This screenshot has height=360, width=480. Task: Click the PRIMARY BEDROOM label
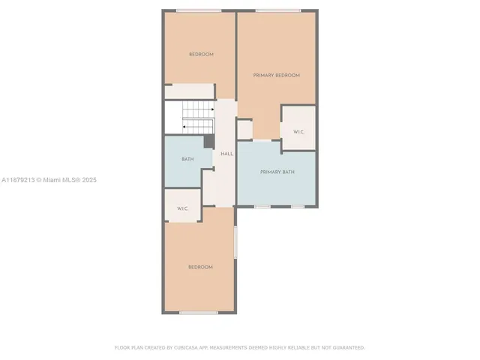tap(276, 75)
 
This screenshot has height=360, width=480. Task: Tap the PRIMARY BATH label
tap(277, 172)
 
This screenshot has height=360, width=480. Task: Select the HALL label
tap(226, 154)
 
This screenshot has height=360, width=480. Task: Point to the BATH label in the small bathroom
tap(187, 159)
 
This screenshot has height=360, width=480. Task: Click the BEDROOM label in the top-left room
tap(200, 54)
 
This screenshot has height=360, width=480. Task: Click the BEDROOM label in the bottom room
tap(200, 267)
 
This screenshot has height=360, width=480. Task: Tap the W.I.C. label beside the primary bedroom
tap(298, 132)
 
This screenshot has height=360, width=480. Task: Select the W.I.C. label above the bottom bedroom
tap(182, 208)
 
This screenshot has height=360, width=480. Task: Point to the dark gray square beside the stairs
tap(209, 142)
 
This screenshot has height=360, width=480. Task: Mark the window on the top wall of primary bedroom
tap(277, 10)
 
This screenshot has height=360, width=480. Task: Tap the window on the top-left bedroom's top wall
tap(199, 10)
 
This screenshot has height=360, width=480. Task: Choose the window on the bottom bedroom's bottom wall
tap(199, 313)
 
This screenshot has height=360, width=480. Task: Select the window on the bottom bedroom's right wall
tap(235, 242)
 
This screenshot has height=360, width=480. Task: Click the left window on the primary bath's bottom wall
tap(262, 206)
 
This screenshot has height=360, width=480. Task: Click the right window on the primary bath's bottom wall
tap(298, 206)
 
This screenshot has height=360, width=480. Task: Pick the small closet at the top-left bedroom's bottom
tap(190, 91)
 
